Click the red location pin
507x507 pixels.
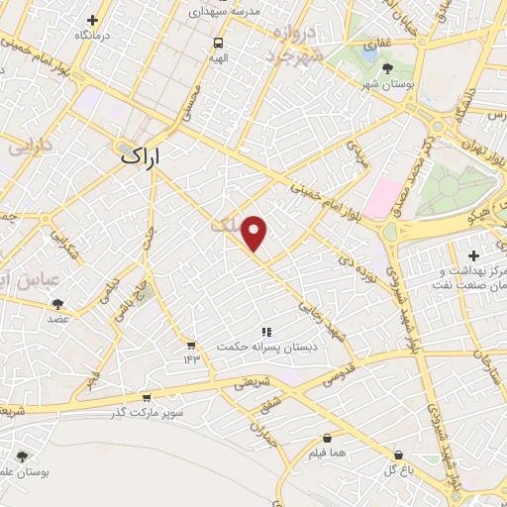[254, 232]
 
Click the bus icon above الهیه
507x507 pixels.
[217, 44]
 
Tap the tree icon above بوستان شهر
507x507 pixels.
[387, 67]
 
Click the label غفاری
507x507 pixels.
[377, 45]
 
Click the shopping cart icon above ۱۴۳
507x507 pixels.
[189, 346]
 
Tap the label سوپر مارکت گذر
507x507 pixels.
[148, 410]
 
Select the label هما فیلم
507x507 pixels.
[327, 452]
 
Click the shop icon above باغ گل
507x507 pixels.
[398, 455]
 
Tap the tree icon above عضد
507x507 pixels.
[57, 304]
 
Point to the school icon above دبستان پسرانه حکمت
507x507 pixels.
[264, 332]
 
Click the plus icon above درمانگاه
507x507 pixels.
[92, 20]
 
